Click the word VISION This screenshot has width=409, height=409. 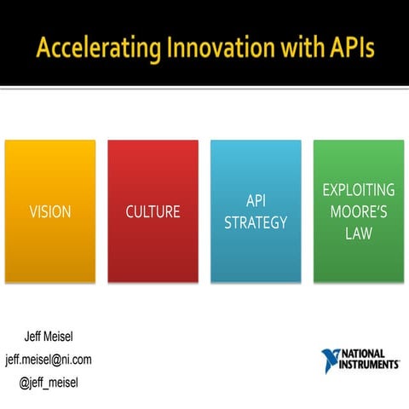49,211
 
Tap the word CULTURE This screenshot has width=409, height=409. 153,211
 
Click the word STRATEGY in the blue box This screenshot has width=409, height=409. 256,222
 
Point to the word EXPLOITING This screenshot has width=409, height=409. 359,189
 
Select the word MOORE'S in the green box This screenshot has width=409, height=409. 359,211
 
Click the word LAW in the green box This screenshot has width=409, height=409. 359,233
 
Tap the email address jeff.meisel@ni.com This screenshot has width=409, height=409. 49,359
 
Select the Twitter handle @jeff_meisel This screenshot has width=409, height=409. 49,382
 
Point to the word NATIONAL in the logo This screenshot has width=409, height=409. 366,354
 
